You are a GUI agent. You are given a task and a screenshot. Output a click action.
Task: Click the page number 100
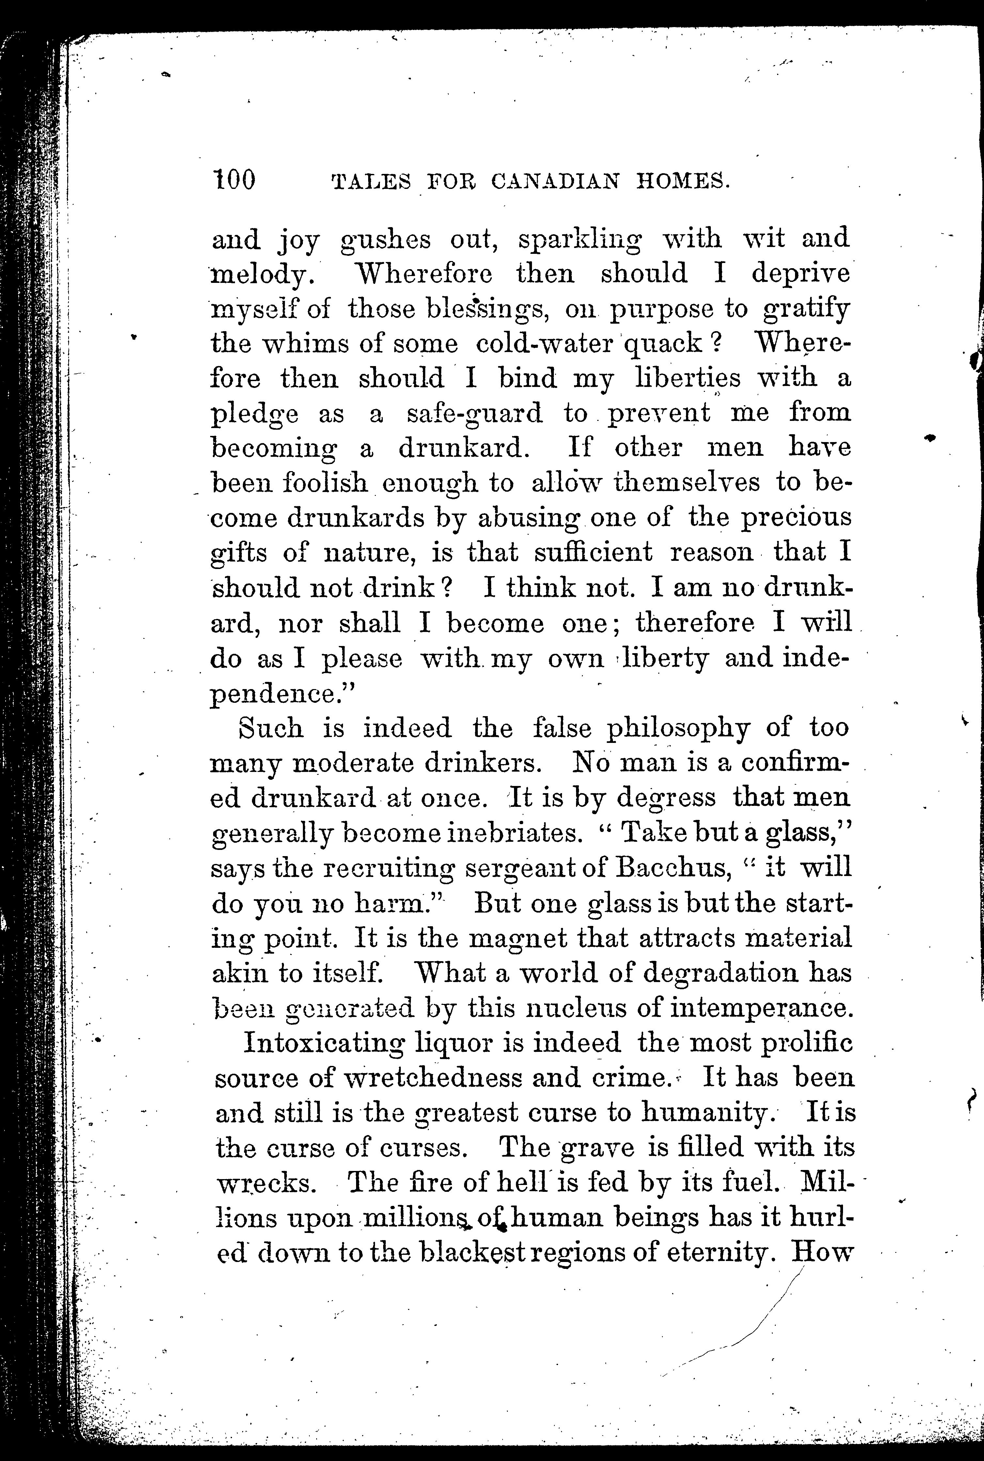(x=234, y=181)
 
